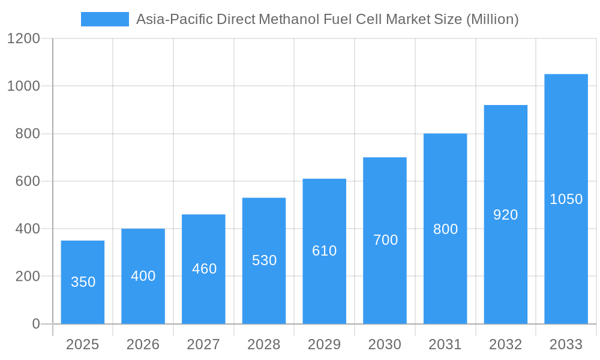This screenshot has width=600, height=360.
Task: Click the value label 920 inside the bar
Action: (x=505, y=215)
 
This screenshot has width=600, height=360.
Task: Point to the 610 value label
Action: (x=324, y=251)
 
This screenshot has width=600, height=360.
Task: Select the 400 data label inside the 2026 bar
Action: (x=143, y=276)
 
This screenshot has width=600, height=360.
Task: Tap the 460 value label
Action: (x=204, y=269)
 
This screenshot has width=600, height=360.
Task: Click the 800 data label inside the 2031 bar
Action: (x=445, y=229)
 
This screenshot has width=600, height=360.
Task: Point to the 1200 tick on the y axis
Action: (x=23, y=39)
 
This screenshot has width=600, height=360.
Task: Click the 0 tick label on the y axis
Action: (x=35, y=324)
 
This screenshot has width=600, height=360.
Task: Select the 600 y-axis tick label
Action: (x=28, y=181)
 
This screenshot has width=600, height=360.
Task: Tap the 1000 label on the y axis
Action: (x=23, y=86)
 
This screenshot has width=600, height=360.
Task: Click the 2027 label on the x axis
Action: (x=203, y=344)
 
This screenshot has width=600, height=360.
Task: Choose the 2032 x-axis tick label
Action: (x=505, y=344)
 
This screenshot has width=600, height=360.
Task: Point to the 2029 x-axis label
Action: (x=324, y=344)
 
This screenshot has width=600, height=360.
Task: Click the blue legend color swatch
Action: (x=105, y=19)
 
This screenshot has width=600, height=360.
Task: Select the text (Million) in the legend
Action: (x=492, y=19)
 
